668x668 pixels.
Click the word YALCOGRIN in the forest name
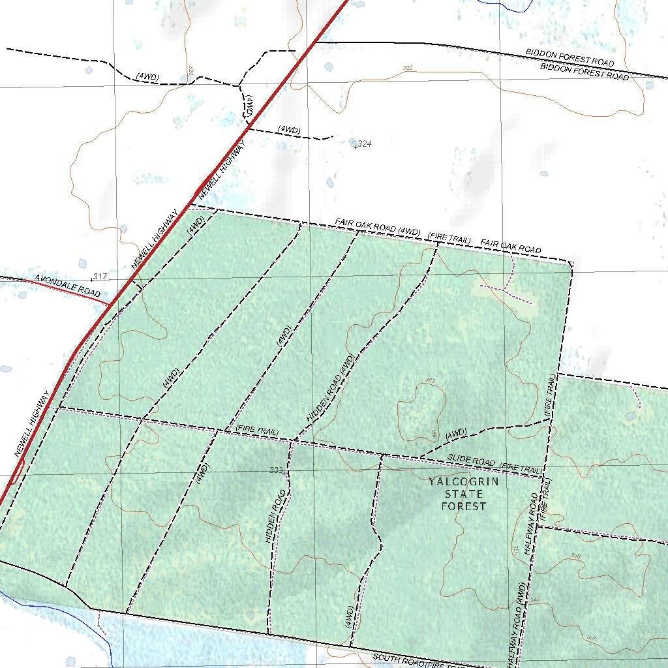tap(463, 482)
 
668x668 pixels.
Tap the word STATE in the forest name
tap(463, 494)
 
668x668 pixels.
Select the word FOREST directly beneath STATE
tap(463, 506)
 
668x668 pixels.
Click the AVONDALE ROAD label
tap(67, 287)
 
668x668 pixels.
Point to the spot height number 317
tap(100, 277)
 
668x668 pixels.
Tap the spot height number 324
tap(364, 144)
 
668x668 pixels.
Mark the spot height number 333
tap(276, 470)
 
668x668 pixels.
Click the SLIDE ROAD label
tap(470, 461)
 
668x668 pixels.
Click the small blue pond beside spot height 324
tap(353, 142)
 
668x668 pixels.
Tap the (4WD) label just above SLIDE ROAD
tap(456, 433)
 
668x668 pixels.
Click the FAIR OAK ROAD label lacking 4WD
tap(511, 247)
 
